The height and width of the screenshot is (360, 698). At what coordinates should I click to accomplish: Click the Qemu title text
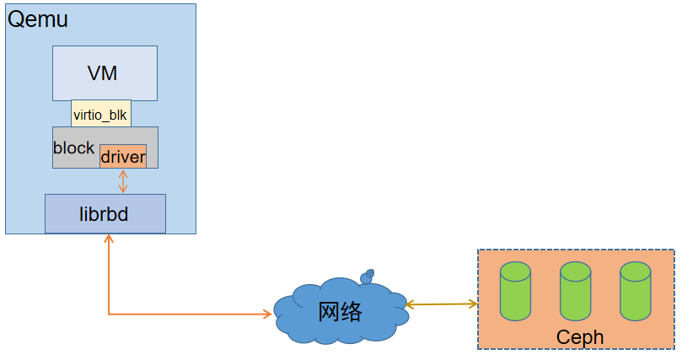click(39, 20)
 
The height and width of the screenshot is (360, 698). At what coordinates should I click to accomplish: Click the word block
click(74, 148)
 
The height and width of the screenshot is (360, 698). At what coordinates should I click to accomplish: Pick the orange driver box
click(123, 157)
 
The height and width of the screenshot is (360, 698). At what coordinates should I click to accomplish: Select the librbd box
click(105, 214)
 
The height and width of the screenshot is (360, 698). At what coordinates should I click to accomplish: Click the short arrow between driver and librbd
click(123, 181)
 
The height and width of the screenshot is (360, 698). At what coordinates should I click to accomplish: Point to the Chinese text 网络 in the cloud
click(341, 312)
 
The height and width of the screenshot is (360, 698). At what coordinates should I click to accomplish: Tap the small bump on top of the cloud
click(368, 276)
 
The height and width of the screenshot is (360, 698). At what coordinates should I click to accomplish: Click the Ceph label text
click(580, 337)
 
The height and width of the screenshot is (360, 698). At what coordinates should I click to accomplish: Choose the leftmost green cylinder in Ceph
click(515, 292)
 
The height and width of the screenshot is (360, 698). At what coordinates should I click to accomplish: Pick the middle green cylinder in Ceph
click(575, 292)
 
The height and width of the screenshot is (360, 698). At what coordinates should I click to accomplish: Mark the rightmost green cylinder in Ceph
click(635, 292)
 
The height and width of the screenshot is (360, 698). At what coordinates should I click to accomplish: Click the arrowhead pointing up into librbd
click(109, 239)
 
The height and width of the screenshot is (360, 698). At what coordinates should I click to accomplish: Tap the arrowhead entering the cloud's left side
click(267, 314)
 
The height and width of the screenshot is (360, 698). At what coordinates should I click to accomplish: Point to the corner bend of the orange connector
click(109, 314)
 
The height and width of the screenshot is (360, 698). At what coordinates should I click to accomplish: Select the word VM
click(102, 73)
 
